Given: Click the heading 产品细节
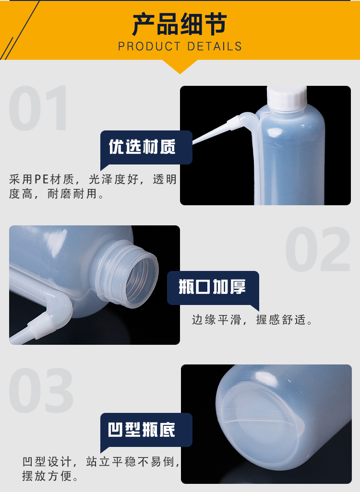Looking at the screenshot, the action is [x=180, y=24].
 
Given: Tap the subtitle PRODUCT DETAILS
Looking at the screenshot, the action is [x=180, y=47].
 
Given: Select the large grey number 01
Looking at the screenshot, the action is [x=38, y=108].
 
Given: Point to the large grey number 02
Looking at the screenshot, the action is [x=318, y=249].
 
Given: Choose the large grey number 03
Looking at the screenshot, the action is [x=41, y=390].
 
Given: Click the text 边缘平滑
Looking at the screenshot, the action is [x=217, y=320].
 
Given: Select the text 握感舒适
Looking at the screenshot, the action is [x=281, y=320].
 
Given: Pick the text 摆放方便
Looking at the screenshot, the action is [x=47, y=476].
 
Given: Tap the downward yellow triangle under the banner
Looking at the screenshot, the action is [x=180, y=67].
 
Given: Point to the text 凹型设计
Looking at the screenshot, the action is [x=47, y=462].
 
